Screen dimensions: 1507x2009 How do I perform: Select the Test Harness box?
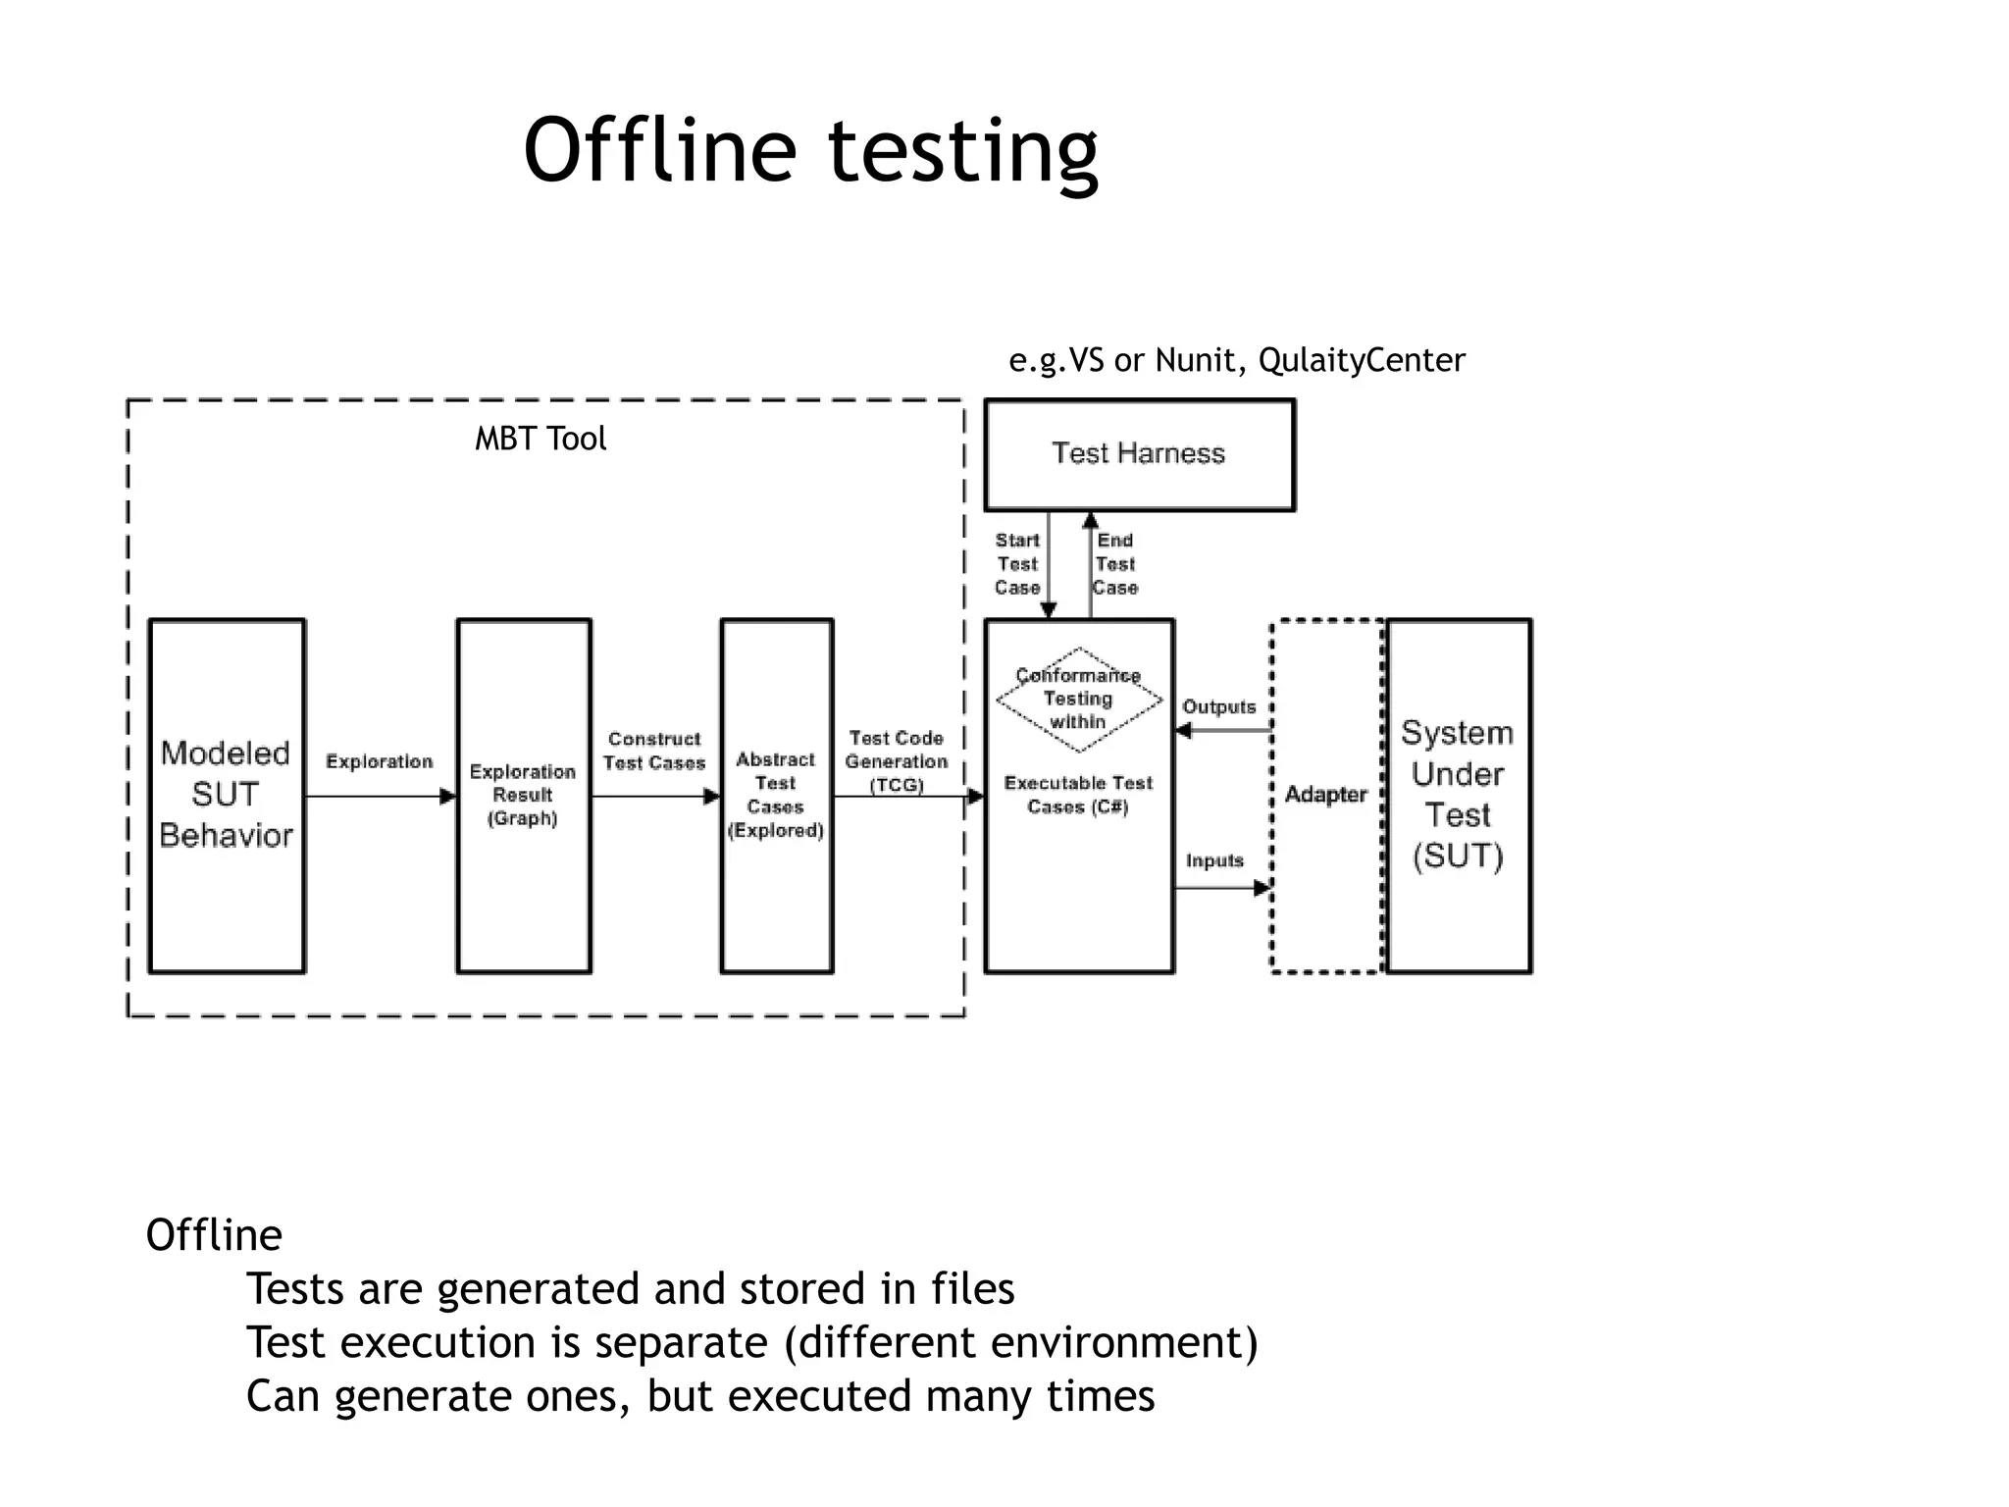(x=1139, y=454)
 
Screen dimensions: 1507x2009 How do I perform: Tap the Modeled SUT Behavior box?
(x=227, y=795)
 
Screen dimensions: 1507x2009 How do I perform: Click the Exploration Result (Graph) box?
(x=523, y=795)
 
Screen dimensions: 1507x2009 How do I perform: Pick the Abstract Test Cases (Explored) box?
(x=776, y=795)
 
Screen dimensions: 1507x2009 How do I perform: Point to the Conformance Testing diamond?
(x=1078, y=699)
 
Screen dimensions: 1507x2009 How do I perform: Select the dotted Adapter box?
(x=1326, y=795)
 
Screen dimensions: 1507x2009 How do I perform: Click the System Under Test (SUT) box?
(x=1458, y=795)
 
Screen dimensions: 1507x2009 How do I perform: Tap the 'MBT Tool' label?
(x=541, y=439)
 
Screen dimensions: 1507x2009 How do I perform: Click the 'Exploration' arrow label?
(x=379, y=761)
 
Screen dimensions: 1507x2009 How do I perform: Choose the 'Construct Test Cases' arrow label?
(x=654, y=751)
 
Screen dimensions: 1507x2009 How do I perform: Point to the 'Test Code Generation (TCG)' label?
(x=897, y=761)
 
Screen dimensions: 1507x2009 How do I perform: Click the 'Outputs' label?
(x=1218, y=706)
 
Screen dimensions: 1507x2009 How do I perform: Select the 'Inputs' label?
(x=1214, y=860)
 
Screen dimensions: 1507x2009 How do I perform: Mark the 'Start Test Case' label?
(x=1017, y=564)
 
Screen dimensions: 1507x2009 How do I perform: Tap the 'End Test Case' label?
(x=1115, y=564)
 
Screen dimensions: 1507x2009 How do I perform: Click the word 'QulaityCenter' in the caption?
(x=1362, y=360)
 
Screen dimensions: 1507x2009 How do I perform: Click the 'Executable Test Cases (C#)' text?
(x=1078, y=795)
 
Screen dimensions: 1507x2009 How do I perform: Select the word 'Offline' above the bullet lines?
(x=214, y=1234)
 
